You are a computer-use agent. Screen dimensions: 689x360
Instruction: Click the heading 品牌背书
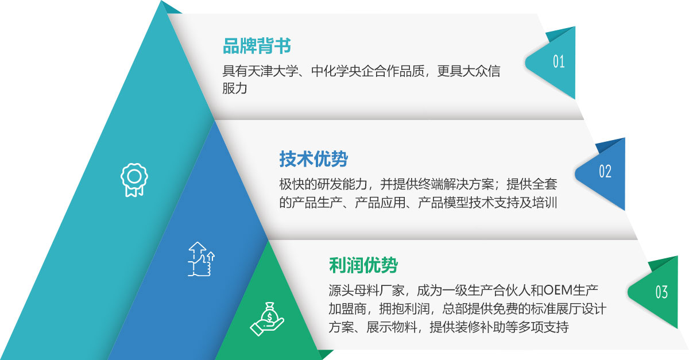click(x=257, y=46)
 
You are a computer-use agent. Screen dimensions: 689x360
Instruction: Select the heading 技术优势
click(x=313, y=159)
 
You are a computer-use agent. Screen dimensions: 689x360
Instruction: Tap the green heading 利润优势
click(x=363, y=265)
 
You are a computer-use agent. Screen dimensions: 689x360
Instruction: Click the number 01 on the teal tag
click(x=559, y=61)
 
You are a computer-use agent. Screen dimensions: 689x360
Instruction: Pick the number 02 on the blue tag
click(x=605, y=171)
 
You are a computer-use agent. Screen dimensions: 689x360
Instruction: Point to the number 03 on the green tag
click(x=661, y=292)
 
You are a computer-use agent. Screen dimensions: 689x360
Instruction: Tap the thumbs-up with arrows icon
click(x=202, y=259)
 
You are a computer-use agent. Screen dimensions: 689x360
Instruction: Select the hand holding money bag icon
click(x=267, y=319)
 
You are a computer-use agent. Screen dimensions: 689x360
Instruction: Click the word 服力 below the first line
click(x=235, y=88)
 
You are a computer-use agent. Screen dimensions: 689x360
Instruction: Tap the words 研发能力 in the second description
click(x=342, y=184)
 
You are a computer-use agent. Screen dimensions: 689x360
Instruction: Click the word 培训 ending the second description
click(x=545, y=203)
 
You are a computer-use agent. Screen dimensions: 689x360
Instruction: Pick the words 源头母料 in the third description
click(x=354, y=290)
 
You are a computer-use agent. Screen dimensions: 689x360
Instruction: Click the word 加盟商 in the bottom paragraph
click(x=347, y=309)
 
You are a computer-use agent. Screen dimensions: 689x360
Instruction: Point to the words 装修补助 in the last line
click(x=480, y=327)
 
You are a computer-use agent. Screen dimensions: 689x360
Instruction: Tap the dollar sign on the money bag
click(x=269, y=316)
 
